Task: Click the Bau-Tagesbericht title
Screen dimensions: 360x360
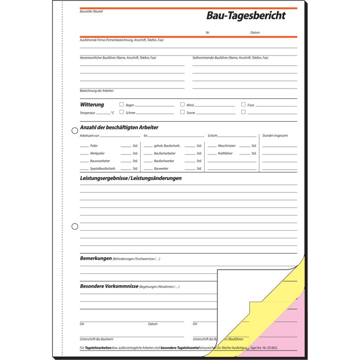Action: (246, 16)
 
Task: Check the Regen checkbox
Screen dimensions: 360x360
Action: (122, 104)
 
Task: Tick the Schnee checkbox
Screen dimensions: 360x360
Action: (122, 112)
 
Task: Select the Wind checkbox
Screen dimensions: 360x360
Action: (182, 104)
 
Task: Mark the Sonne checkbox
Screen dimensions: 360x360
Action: (182, 112)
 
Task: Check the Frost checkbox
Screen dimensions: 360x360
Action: (243, 104)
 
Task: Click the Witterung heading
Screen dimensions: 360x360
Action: (92, 105)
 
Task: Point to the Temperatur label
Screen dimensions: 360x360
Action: (88, 113)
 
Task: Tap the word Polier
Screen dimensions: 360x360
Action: (94, 146)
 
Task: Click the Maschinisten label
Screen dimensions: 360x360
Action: (226, 146)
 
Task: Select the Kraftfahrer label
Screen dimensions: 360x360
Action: (225, 153)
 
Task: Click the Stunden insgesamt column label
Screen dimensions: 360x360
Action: (275, 135)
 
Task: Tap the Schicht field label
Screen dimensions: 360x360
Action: (212, 135)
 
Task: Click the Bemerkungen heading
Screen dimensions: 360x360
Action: (96, 259)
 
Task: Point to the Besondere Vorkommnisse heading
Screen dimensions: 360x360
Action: (109, 286)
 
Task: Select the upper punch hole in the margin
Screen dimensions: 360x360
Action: (74, 131)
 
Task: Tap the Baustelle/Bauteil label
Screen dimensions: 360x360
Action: (91, 11)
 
